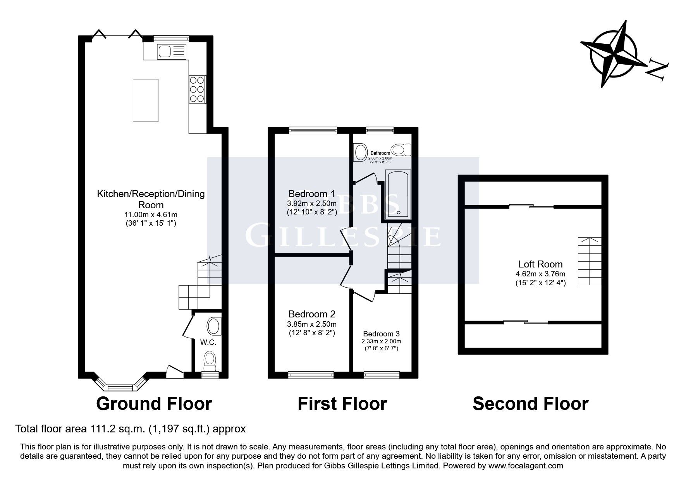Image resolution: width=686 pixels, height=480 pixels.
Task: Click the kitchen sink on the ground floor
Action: point(172,51)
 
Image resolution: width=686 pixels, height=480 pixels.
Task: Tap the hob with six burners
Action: point(197,89)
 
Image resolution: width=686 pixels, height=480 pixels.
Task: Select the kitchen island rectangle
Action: point(145,100)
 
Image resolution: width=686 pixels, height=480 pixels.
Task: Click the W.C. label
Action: point(208,342)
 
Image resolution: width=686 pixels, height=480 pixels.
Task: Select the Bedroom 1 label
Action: point(311,194)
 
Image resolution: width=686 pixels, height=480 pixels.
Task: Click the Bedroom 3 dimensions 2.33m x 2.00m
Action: point(381,341)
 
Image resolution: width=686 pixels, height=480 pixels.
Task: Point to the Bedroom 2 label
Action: point(311,314)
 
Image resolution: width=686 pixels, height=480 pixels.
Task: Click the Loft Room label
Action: point(540,264)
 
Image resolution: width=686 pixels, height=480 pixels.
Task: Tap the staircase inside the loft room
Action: point(590,261)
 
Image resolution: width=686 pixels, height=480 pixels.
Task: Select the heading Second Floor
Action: point(530,404)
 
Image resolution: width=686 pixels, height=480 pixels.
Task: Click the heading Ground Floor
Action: point(154,404)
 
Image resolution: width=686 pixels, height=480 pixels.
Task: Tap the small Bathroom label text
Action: point(380,153)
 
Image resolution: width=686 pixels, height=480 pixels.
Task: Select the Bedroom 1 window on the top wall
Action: point(313,130)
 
